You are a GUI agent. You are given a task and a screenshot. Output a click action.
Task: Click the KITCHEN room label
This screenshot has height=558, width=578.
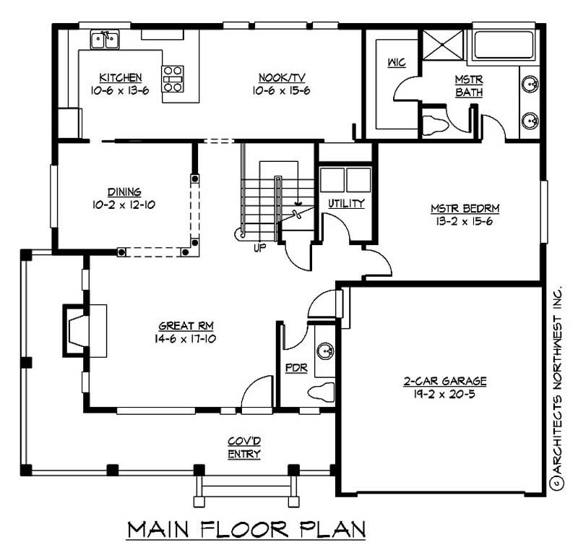[x=121, y=77]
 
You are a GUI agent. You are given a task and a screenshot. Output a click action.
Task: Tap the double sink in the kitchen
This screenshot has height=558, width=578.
[x=105, y=39]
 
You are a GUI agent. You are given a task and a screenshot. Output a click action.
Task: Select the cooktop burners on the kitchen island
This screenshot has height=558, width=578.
[x=173, y=79]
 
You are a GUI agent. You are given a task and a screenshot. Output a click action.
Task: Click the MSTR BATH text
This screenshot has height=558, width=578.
[x=468, y=85]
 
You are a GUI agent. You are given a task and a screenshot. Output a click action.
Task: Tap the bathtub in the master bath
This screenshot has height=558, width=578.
[x=503, y=46]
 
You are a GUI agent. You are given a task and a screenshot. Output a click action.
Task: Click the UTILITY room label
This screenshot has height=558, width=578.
[x=347, y=204]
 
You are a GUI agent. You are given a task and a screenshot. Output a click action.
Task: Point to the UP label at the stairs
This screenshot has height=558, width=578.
[x=259, y=248]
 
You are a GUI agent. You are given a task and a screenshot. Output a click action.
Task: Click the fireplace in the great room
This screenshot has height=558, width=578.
[x=79, y=331]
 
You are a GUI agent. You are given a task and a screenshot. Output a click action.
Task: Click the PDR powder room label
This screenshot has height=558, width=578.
[x=296, y=367]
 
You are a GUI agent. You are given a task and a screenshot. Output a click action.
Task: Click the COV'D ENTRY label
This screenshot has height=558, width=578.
[x=243, y=447]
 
